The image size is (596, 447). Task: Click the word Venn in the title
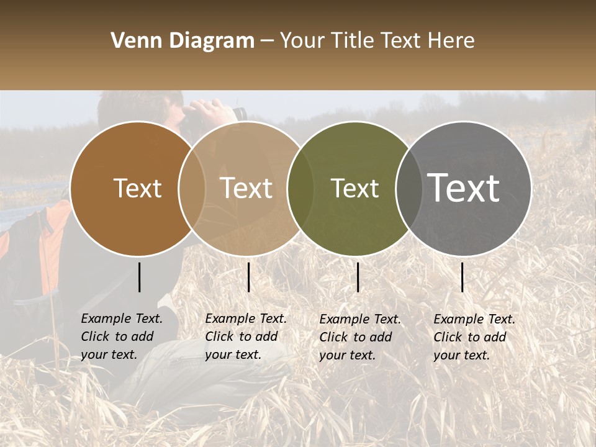click(133, 41)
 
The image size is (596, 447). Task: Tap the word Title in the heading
click(354, 41)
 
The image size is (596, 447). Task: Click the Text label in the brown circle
click(137, 188)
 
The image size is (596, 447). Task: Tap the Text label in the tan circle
click(246, 188)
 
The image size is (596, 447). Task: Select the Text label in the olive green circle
click(354, 188)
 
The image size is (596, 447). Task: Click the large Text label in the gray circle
click(464, 188)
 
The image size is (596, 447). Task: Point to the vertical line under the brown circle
click(139, 277)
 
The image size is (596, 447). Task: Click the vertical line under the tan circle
click(248, 277)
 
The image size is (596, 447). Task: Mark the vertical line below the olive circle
click(358, 277)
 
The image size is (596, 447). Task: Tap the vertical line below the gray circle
click(462, 277)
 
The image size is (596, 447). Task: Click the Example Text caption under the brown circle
click(121, 336)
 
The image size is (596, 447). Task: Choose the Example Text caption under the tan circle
click(245, 336)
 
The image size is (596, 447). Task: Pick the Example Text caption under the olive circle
click(359, 337)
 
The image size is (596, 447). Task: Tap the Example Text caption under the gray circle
click(474, 337)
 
